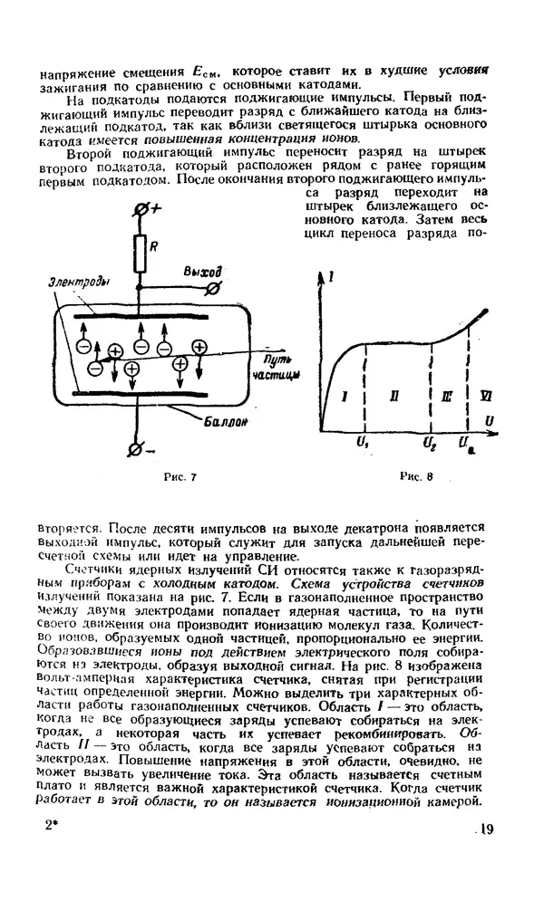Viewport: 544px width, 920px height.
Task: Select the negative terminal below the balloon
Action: pos(139,447)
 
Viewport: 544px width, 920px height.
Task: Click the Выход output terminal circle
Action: pos(213,289)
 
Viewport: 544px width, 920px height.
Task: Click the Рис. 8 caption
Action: pos(417,477)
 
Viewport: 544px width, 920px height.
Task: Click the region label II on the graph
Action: pos(393,396)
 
